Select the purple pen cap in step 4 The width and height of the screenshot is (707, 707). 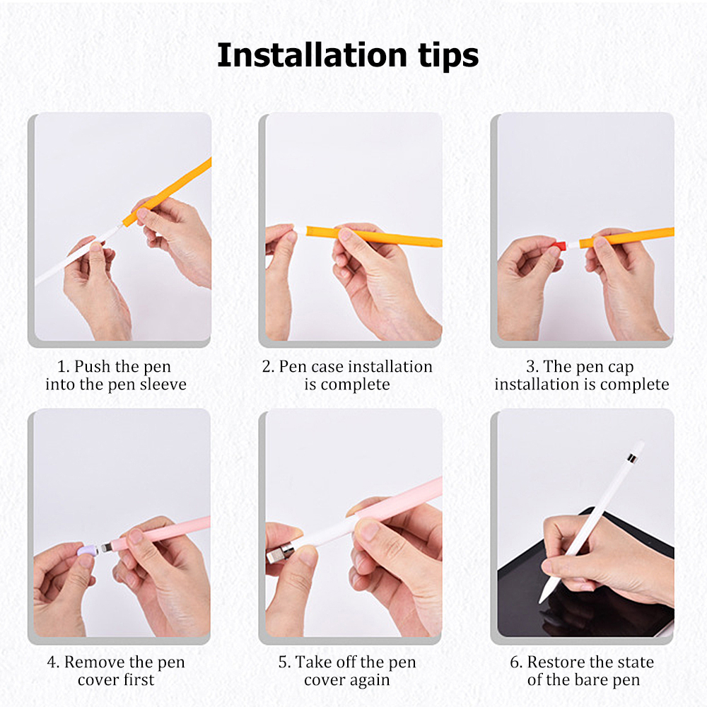coord(87,549)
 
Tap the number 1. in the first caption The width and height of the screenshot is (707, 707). coord(64,367)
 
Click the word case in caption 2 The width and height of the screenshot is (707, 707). coord(325,367)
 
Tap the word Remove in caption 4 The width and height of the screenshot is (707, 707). coord(94,662)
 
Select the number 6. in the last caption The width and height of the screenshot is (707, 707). coord(516,662)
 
